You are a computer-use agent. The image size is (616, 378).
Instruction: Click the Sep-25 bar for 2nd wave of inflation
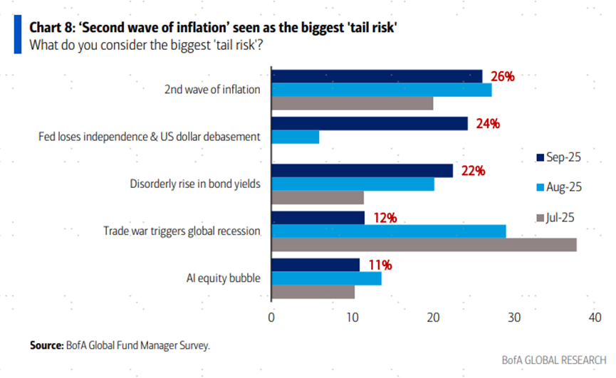click(x=377, y=76)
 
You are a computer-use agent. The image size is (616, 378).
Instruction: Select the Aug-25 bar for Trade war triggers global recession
click(x=389, y=231)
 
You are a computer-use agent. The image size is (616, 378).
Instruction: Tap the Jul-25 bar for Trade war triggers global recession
click(x=424, y=245)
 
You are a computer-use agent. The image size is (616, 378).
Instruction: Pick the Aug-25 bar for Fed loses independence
click(x=296, y=137)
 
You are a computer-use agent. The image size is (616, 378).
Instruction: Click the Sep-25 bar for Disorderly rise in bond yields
click(x=362, y=171)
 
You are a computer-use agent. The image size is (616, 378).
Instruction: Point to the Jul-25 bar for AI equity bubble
click(x=313, y=291)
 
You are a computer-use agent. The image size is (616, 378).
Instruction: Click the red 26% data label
click(x=503, y=76)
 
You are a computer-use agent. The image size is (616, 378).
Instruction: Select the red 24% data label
click(x=489, y=123)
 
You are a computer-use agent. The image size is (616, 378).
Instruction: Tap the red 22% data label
click(x=474, y=171)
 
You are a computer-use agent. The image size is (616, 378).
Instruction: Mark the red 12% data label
click(x=385, y=218)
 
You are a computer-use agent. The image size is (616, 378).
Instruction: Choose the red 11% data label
click(x=380, y=265)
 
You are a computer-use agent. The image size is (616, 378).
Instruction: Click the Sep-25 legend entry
click(x=558, y=157)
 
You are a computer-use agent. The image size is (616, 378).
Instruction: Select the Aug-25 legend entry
click(x=558, y=187)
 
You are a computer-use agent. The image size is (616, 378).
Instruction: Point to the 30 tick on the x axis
click(x=514, y=317)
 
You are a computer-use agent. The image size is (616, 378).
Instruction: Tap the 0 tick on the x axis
click(x=271, y=317)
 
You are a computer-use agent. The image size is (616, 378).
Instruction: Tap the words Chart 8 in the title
click(x=51, y=27)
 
